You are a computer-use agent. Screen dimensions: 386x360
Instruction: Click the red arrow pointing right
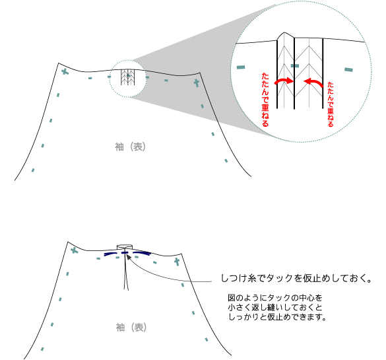coord(284,81)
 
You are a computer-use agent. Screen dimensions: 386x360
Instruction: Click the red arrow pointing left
coord(313,83)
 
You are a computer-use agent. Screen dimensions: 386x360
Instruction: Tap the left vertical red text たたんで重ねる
coord(265,100)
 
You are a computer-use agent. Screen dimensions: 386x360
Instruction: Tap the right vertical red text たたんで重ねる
coord(331,104)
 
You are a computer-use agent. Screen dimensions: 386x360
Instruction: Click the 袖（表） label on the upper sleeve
coord(130,147)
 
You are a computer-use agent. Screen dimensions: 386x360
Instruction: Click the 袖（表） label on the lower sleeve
coord(131,328)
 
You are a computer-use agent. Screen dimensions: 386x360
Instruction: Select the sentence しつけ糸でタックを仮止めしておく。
coord(296,278)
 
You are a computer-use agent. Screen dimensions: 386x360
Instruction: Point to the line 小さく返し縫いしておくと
coord(275,307)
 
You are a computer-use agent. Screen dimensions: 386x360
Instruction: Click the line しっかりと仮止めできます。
coord(277,316)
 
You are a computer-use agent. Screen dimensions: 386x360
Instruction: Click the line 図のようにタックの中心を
coord(275,298)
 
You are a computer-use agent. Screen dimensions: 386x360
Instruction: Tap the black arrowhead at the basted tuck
coord(128,256)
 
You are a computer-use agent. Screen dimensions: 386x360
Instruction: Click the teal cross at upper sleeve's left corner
coord(65,72)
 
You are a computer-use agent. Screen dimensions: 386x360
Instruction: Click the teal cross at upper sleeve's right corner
coord(196,83)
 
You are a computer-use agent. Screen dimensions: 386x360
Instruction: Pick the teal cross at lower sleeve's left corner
coord(75,251)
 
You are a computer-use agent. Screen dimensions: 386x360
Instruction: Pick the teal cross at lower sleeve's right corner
coord(177,262)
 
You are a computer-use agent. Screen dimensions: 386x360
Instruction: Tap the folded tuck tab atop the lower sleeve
coord(124,247)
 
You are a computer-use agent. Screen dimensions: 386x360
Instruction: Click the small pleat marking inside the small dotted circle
coord(127,77)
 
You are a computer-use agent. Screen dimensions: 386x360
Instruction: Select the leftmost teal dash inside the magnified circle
coord(241,67)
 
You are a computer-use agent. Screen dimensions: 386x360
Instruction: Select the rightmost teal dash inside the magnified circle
coord(348,70)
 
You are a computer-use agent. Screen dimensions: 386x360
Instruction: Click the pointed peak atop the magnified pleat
coord(284,32)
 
